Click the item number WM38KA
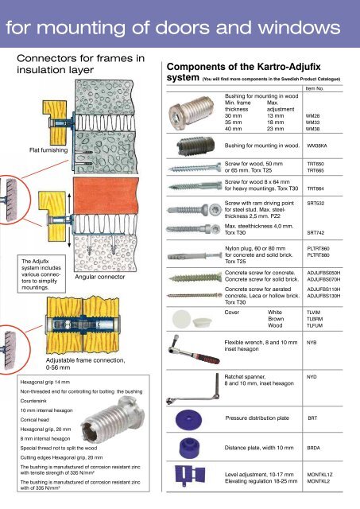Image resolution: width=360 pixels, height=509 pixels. (317, 146)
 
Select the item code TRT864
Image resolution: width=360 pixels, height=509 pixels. (315, 188)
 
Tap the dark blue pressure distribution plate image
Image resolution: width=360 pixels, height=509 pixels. (189, 419)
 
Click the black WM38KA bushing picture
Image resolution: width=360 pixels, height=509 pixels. (195, 146)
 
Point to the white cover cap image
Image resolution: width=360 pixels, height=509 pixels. (189, 319)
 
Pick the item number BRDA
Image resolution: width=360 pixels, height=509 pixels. (314, 448)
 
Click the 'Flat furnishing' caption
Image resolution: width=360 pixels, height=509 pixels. (48, 150)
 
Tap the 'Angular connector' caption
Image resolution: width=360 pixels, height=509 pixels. (100, 277)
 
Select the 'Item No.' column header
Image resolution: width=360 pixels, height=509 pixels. (315, 88)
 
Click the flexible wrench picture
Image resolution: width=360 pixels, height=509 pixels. (192, 351)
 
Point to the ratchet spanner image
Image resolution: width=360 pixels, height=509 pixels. (193, 389)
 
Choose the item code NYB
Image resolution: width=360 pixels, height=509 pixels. (312, 343)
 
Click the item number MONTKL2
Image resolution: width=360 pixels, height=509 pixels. (319, 481)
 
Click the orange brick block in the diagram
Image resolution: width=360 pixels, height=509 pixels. (106, 196)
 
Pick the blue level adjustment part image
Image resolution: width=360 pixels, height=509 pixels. (190, 476)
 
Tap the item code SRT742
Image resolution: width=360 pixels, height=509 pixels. (315, 233)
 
